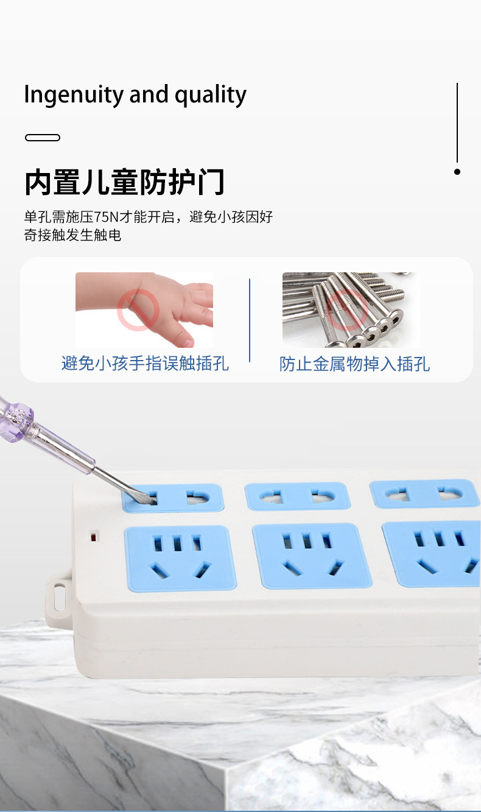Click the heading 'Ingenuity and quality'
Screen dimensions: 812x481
(135, 95)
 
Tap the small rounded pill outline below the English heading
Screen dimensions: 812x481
(43, 138)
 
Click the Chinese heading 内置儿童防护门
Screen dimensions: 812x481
(125, 182)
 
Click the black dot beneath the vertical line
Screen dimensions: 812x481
(457, 172)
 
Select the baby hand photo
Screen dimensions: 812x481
(144, 309)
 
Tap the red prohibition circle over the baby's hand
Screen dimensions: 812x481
(138, 310)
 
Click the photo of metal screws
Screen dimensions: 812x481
(351, 309)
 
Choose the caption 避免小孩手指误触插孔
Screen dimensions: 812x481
(145, 364)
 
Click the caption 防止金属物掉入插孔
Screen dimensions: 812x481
(354, 364)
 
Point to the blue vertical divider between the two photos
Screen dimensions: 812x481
(250, 320)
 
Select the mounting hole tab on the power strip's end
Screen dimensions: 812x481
(58, 597)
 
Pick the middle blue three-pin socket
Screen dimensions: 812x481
(312, 556)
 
